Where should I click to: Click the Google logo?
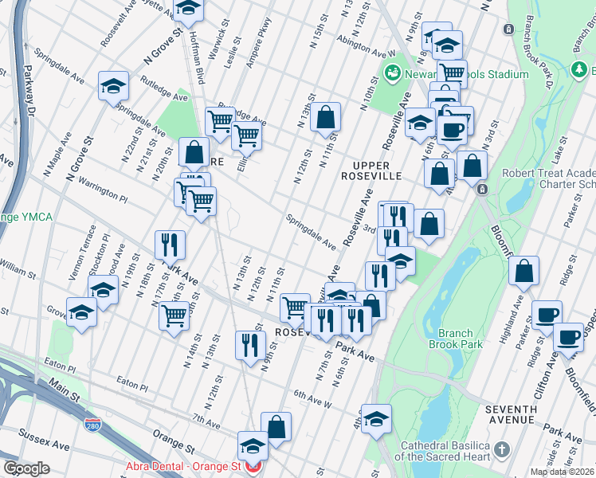[x=26, y=468]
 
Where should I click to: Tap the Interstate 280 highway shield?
[x=93, y=425]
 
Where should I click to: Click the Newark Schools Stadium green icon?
[x=392, y=74]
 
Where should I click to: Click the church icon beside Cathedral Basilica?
[x=501, y=451]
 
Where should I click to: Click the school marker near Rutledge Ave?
[x=114, y=85]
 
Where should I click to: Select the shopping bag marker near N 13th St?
[x=326, y=117]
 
